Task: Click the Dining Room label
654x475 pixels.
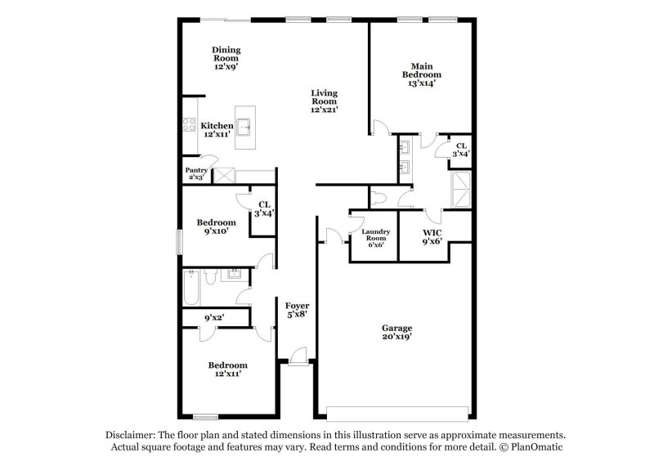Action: coord(226,58)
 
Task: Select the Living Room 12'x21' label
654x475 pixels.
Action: coord(324,101)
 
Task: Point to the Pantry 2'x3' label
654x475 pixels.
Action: coord(196,173)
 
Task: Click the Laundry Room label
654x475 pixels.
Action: coord(374,238)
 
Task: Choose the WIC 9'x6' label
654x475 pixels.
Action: coord(432,238)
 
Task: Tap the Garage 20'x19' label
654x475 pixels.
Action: coord(397,332)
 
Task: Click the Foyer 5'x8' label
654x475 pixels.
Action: coord(296,310)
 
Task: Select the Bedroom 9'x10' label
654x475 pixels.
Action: coord(217,226)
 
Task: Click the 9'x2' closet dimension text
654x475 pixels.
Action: coord(214,316)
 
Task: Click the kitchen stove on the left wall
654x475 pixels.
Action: coord(186,126)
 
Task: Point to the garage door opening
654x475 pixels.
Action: coord(397,409)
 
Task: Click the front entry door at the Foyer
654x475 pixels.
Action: coord(298,356)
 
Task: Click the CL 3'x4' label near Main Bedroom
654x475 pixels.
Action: coord(462,150)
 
